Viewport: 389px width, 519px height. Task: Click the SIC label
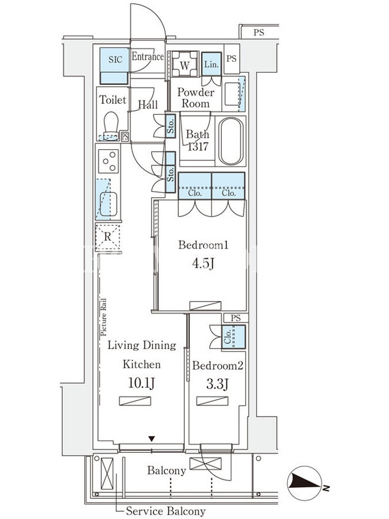pyautogui.click(x=115, y=60)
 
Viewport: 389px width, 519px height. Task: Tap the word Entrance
pyautogui.click(x=148, y=56)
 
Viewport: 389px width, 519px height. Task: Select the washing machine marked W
pyautogui.click(x=185, y=65)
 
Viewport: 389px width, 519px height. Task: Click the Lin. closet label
pyautogui.click(x=211, y=64)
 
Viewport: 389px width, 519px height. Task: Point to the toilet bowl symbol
pyautogui.click(x=110, y=126)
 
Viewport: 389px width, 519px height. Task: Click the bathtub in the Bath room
pyautogui.click(x=231, y=141)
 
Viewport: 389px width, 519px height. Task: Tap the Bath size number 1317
pyautogui.click(x=198, y=147)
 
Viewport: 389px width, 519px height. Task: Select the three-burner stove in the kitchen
pyautogui.click(x=108, y=161)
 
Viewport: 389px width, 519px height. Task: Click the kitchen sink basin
pyautogui.click(x=108, y=204)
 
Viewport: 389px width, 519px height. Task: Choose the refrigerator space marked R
pyautogui.click(x=108, y=237)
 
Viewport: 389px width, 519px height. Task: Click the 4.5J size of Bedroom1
pyautogui.click(x=203, y=263)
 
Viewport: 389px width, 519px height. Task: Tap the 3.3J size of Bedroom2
pyautogui.click(x=217, y=384)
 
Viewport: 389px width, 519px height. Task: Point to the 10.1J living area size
pyautogui.click(x=141, y=383)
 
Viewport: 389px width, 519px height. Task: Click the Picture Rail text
pyautogui.click(x=104, y=317)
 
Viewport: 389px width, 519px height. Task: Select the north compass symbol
pyautogui.click(x=304, y=483)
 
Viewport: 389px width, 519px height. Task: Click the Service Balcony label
pyautogui.click(x=165, y=511)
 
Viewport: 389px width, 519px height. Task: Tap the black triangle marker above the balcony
pyautogui.click(x=152, y=439)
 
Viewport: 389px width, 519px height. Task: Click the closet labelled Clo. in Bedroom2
pyautogui.click(x=233, y=337)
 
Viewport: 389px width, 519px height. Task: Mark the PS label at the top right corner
pyautogui.click(x=259, y=32)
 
